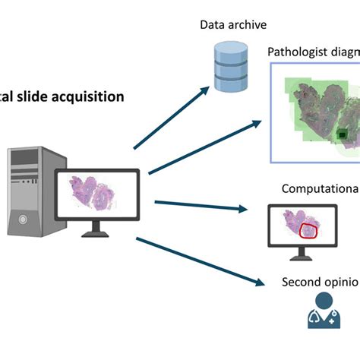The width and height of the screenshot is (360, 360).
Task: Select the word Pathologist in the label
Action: (297, 51)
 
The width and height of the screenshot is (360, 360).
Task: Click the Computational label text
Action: (320, 189)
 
